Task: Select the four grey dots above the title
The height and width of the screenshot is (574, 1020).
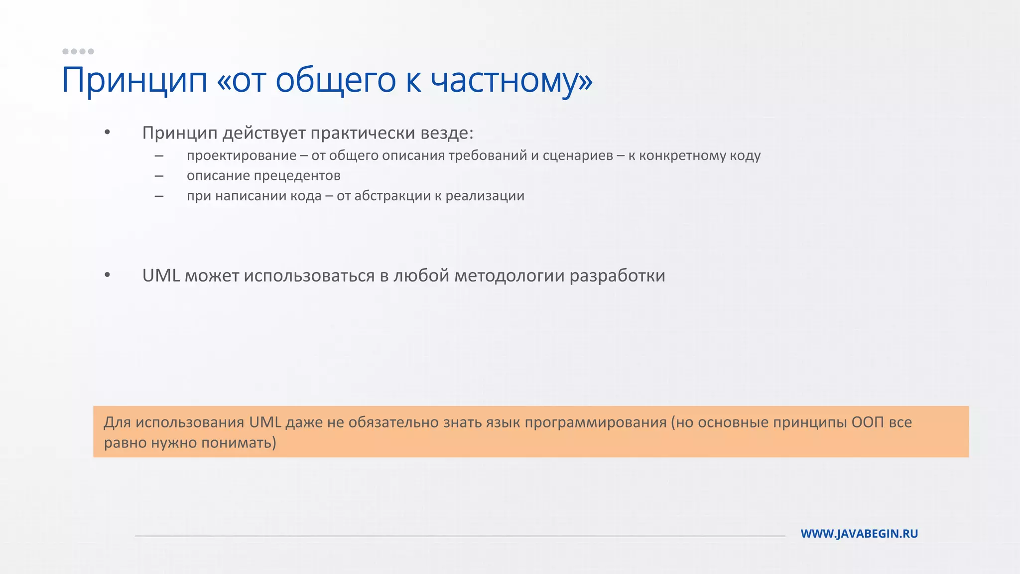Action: (78, 51)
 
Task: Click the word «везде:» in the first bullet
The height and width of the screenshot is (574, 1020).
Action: (447, 133)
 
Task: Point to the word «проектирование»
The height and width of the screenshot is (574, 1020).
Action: (242, 155)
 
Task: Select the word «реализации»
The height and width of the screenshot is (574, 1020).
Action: (485, 196)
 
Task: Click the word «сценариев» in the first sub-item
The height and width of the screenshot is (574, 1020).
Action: (578, 155)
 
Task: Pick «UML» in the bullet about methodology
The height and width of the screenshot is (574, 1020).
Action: (161, 276)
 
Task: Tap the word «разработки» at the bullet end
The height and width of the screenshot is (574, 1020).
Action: (617, 276)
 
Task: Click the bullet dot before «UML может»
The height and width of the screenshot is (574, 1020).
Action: (107, 275)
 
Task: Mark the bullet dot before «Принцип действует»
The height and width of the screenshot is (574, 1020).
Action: (107, 133)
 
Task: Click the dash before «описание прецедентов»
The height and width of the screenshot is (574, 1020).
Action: (159, 176)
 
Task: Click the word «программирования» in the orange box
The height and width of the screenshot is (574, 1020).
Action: (595, 422)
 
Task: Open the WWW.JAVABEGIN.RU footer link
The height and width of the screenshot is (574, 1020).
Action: (859, 534)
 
